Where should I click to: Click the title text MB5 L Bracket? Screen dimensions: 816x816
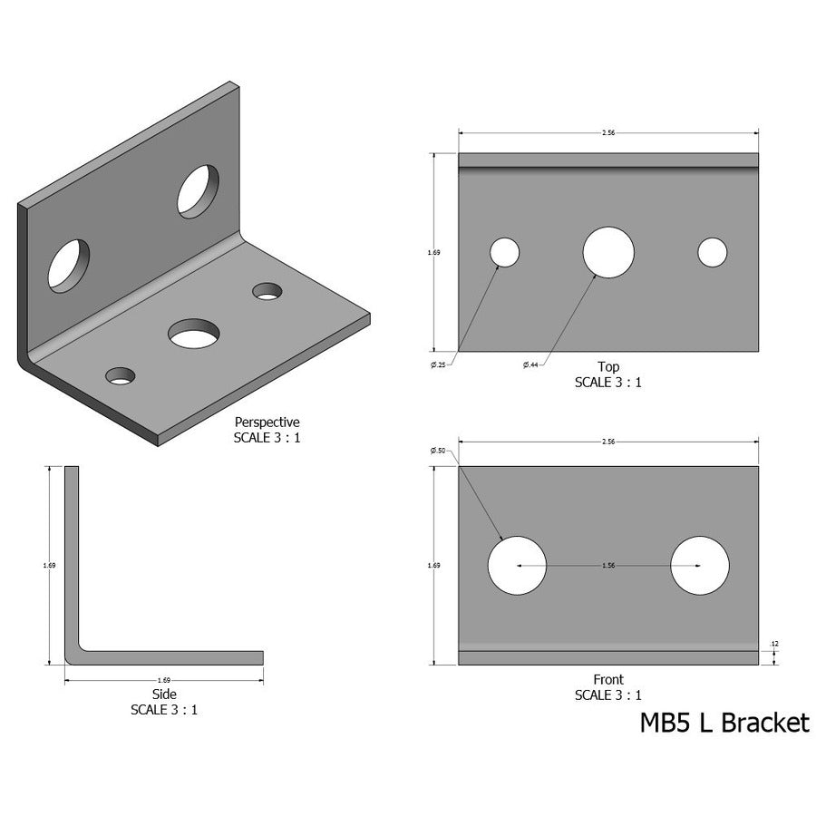click(724, 723)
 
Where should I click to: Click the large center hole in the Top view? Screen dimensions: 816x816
click(608, 252)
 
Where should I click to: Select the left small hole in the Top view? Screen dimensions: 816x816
click(505, 252)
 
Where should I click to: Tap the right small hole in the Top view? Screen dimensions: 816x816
click(713, 252)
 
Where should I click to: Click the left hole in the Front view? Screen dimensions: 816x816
click(517, 566)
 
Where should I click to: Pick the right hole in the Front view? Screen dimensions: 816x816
click(699, 566)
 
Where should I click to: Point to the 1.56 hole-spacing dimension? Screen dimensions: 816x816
click(608, 566)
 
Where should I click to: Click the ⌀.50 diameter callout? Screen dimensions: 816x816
click(440, 451)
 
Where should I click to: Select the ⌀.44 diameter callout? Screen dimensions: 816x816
click(530, 364)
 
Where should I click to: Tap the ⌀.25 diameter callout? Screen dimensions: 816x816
click(439, 364)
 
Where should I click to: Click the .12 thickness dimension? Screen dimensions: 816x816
click(773, 644)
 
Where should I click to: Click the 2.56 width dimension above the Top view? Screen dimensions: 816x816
click(608, 132)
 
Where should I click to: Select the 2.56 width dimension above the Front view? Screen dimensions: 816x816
click(608, 442)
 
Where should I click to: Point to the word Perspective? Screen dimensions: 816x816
click(267, 422)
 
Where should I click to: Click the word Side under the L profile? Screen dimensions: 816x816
click(164, 695)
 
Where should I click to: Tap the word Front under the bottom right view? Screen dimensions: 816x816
click(608, 680)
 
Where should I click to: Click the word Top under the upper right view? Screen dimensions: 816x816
click(608, 366)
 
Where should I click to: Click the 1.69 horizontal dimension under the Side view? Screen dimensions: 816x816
click(164, 679)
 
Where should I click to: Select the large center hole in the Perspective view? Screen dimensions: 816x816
click(194, 334)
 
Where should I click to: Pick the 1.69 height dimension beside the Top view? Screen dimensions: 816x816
click(433, 253)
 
